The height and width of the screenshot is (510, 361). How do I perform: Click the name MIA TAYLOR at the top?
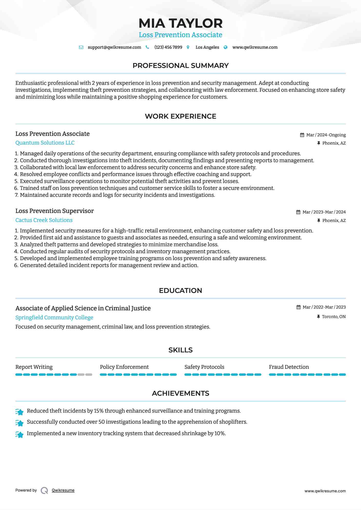[180, 23]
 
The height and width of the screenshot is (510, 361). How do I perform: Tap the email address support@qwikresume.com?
[114, 47]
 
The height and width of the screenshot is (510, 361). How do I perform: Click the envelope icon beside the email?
[81, 47]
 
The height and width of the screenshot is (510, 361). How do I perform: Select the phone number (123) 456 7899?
[168, 47]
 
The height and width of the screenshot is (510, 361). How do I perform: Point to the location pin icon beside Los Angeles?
[188, 47]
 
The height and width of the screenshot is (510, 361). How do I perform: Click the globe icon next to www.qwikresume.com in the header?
[226, 47]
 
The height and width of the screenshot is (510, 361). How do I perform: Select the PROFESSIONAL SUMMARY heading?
[180, 66]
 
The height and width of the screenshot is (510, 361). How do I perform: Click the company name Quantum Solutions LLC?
[45, 143]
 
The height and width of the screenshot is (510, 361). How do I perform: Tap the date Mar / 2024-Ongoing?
[326, 135]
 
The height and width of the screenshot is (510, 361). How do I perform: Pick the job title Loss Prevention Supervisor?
[54, 211]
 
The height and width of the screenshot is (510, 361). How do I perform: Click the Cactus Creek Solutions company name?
[44, 220]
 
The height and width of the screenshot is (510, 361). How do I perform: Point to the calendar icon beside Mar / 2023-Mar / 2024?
[298, 212]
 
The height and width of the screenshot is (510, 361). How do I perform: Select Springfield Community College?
[54, 318]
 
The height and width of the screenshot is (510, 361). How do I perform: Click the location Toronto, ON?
[334, 317]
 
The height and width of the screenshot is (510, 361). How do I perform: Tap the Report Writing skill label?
[34, 367]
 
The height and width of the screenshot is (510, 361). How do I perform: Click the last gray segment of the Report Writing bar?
[89, 375]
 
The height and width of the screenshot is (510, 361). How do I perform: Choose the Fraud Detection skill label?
[289, 367]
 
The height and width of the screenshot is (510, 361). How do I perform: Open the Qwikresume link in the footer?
[63, 490]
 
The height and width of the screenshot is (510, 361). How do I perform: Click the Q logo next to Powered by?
[44, 491]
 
